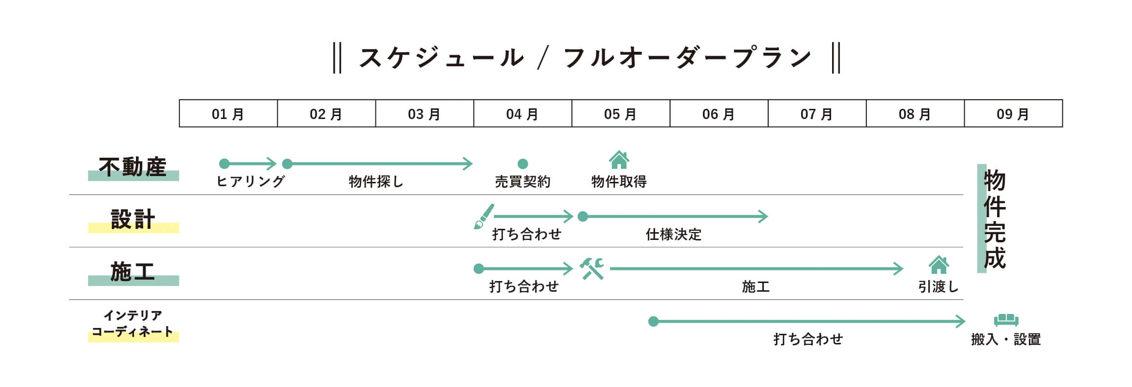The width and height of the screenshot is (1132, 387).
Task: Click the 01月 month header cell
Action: point(228,114)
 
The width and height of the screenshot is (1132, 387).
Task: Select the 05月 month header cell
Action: point(621,114)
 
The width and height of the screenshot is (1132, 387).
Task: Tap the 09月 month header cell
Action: point(1013,114)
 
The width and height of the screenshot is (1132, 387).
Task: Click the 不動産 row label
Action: point(133,167)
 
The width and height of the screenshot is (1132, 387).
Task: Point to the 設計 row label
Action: point(133,219)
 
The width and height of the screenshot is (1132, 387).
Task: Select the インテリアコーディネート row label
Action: point(133,324)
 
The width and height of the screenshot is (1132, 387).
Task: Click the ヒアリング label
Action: point(250,181)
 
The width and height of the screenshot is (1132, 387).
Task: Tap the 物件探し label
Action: point(376,181)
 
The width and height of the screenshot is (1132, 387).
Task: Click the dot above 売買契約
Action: point(522,164)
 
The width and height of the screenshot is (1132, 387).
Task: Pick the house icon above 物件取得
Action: point(619,160)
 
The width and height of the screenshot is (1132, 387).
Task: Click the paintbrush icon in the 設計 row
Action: point(483,216)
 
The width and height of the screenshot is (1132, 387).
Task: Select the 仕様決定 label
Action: point(673,235)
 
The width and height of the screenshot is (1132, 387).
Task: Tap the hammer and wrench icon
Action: point(592,268)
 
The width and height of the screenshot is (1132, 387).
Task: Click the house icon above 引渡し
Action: point(938,265)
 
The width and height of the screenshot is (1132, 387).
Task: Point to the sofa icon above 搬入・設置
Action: point(1006,320)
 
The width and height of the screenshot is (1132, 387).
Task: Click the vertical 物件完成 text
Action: point(995,219)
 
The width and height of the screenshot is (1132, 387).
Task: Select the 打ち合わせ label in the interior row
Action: point(808,339)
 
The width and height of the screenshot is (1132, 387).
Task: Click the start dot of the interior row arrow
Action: point(653,321)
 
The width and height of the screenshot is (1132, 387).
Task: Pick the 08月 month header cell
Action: point(915,114)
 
